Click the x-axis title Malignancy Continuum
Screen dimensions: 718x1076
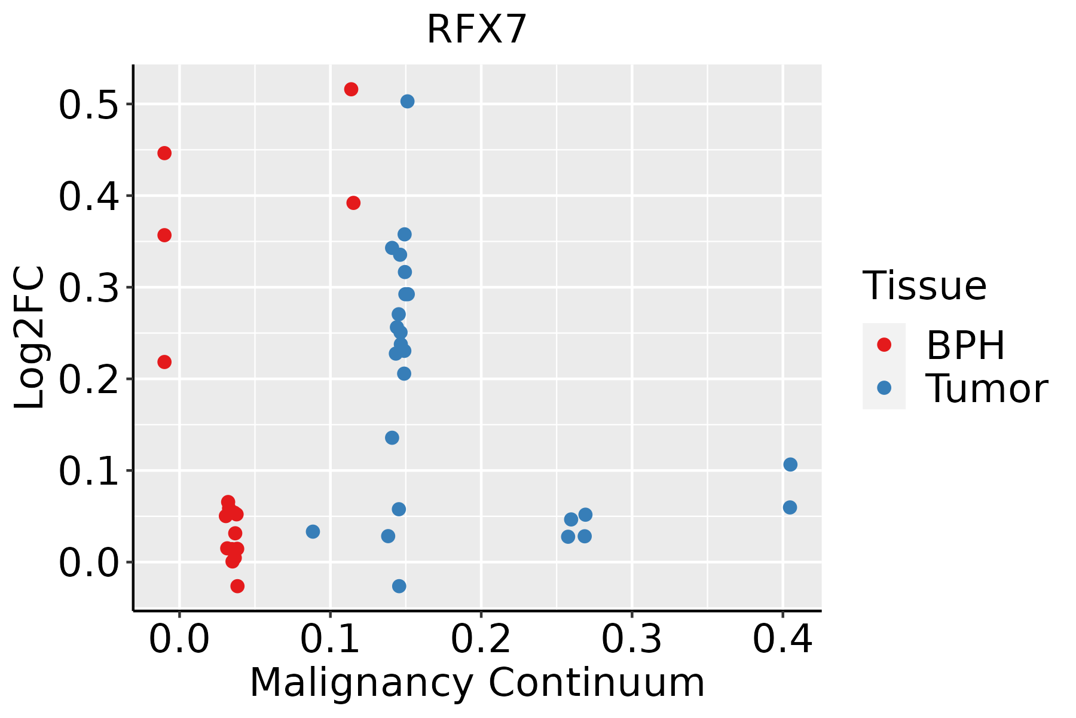tap(476, 683)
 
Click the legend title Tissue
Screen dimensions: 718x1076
tap(924, 285)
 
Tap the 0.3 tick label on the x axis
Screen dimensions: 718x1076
tap(631, 639)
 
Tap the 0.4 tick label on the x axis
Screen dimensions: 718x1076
tap(782, 639)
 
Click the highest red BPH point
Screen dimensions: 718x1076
tap(351, 89)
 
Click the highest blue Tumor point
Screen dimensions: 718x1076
tap(407, 101)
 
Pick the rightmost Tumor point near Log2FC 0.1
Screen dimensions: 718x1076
tap(790, 464)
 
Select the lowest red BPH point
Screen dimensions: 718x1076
tap(237, 586)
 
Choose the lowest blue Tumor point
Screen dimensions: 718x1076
tap(399, 586)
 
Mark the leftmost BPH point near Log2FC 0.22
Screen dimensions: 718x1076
tap(164, 362)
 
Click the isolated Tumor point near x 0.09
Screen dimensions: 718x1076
tap(313, 531)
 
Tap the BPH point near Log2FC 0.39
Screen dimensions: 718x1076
tap(353, 203)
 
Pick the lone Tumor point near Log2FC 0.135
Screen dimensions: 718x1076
tap(392, 438)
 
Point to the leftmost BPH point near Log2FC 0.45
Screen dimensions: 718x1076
tap(164, 153)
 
